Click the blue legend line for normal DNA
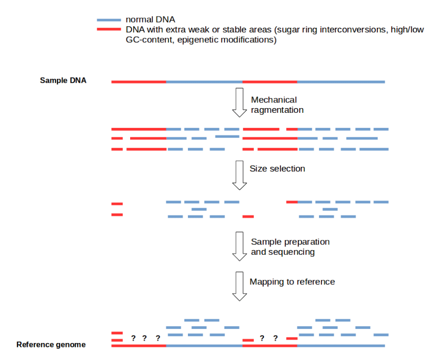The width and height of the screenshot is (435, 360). tap(109, 20)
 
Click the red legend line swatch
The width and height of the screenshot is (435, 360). tap(109, 29)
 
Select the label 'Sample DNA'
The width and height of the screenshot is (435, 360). tap(63, 80)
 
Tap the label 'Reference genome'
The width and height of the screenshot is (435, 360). tap(51, 344)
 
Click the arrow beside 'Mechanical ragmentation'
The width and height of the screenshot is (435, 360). tap(240, 102)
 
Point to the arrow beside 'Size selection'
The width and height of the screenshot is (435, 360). tap(240, 175)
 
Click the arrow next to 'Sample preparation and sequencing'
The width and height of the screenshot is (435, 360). tap(240, 246)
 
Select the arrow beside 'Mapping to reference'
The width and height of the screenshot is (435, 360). tap(240, 286)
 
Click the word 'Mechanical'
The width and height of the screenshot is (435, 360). tap(274, 100)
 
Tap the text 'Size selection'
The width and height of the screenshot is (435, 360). tap(277, 169)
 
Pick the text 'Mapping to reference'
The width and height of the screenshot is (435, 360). tap(292, 282)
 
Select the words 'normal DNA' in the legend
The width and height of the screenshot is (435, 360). tap(150, 20)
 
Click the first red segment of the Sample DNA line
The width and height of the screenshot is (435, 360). tap(139, 82)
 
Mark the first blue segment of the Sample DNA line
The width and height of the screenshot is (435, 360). tap(204, 82)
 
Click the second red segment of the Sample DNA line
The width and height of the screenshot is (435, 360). tap(270, 82)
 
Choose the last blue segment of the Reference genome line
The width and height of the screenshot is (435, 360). tap(341, 345)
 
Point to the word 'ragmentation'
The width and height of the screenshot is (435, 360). tap(277, 110)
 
